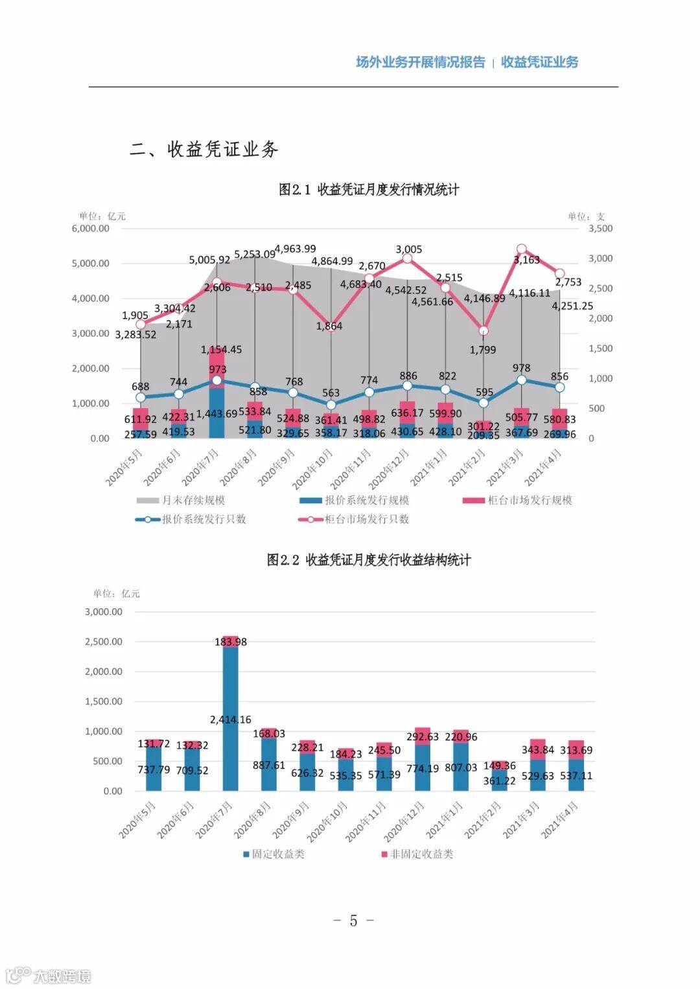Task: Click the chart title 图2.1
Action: pyautogui.click(x=369, y=190)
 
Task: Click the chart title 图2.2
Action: pyautogui.click(x=369, y=560)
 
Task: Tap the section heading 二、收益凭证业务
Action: pyautogui.click(x=204, y=150)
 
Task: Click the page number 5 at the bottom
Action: pyautogui.click(x=353, y=920)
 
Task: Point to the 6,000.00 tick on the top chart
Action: pyautogui.click(x=91, y=229)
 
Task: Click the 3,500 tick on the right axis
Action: pyautogui.click(x=600, y=229)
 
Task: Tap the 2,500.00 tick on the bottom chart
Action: pyautogui.click(x=104, y=641)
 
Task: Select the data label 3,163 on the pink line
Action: pyautogui.click(x=526, y=260)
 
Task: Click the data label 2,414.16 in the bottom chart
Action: pyautogui.click(x=230, y=720)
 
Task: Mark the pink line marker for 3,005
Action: pyautogui.click(x=407, y=258)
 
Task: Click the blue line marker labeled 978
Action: pyautogui.click(x=522, y=380)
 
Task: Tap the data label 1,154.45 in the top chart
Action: pyautogui.click(x=221, y=350)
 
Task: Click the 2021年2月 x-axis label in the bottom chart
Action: pyautogui.click(x=484, y=819)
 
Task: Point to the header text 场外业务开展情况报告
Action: pyautogui.click(x=420, y=62)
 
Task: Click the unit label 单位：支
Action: pyautogui.click(x=586, y=216)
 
